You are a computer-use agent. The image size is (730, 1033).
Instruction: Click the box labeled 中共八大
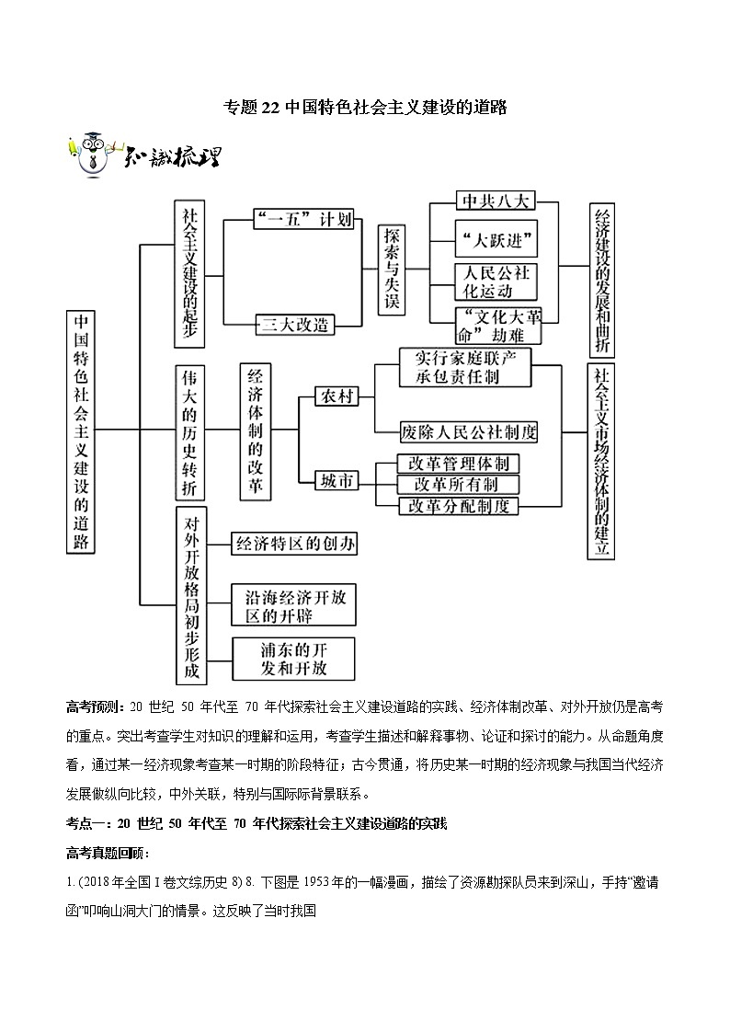pos(495,202)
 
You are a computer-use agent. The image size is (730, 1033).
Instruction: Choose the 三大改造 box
pos(295,324)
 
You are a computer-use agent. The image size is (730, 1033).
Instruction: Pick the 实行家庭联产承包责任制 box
pos(466,367)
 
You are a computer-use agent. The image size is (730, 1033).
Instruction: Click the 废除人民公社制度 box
pos(469,430)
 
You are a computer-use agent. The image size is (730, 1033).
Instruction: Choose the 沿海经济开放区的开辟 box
pos(293,605)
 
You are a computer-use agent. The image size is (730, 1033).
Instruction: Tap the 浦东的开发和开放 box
pos(293,659)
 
